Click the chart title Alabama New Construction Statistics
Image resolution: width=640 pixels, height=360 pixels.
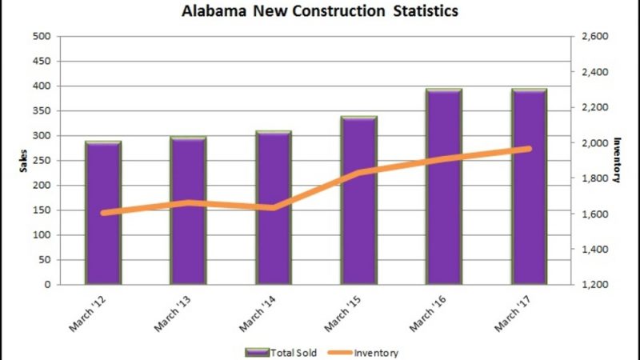[320, 13]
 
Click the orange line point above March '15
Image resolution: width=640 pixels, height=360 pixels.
[358, 173]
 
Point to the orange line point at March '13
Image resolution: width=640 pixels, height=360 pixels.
[189, 202]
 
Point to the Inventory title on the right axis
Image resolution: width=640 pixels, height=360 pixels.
[617, 160]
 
